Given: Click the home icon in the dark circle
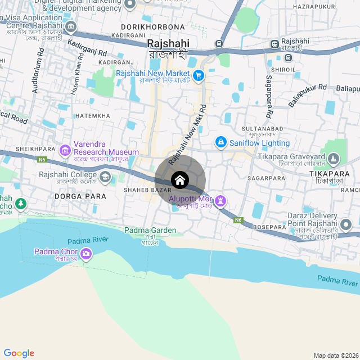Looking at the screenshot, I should point(180,181).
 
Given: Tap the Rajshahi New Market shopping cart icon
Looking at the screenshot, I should point(198,75).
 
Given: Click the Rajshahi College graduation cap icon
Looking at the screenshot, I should point(105,178).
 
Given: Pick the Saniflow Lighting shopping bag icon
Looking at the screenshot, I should point(220,142).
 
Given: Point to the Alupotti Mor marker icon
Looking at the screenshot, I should point(220,200).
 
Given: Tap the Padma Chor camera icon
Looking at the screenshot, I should point(86,255).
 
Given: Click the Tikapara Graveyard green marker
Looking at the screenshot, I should point(334,159).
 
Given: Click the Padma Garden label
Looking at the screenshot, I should point(150,231).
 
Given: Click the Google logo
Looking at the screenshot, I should point(19,353).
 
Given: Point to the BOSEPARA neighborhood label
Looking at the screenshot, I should point(270,227).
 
